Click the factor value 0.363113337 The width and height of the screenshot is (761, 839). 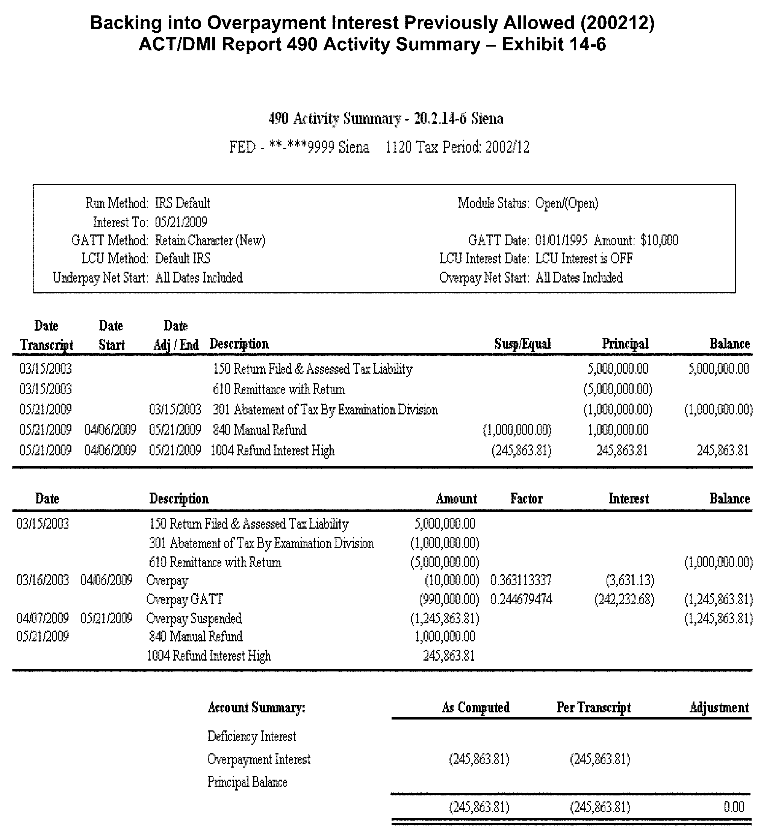[521, 580]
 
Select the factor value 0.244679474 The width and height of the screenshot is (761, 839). [521, 599]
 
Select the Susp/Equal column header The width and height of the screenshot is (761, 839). [522, 344]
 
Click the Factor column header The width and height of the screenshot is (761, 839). [526, 499]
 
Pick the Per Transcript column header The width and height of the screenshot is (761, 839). [593, 707]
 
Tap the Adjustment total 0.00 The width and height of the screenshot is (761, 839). [734, 807]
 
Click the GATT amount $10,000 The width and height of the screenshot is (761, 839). [660, 240]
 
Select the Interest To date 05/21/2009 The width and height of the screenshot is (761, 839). [181, 222]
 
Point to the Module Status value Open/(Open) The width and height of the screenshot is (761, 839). [567, 204]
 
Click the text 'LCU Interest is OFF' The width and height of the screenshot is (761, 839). [584, 259]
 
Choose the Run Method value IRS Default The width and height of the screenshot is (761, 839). [182, 204]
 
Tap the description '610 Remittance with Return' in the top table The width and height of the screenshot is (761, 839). [278, 390]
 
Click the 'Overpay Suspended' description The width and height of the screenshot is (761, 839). [194, 618]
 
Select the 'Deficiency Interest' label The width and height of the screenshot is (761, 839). [251, 736]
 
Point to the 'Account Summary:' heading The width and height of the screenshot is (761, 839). [256, 707]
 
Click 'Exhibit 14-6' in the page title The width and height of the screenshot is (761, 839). [554, 44]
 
